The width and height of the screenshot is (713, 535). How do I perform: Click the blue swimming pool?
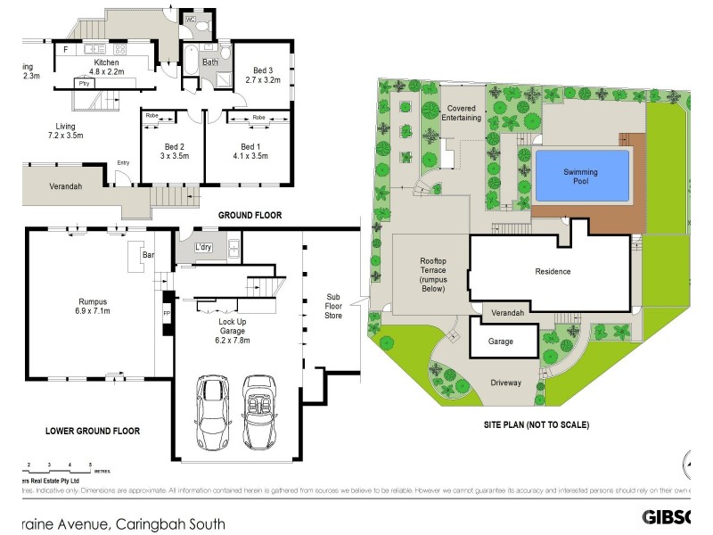pyautogui.click(x=580, y=175)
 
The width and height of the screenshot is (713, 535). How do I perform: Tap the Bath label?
pyautogui.click(x=210, y=62)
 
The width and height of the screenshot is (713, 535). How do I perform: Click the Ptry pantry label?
pyautogui.click(x=85, y=83)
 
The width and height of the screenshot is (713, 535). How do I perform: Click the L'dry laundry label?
pyautogui.click(x=202, y=246)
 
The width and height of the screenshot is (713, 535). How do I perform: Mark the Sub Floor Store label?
pyautogui.click(x=333, y=305)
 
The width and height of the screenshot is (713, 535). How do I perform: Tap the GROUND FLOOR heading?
pyautogui.click(x=250, y=216)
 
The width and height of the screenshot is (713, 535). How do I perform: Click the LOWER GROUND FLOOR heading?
pyautogui.click(x=93, y=431)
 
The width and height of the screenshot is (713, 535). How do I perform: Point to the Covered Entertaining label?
pyautogui.click(x=462, y=112)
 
